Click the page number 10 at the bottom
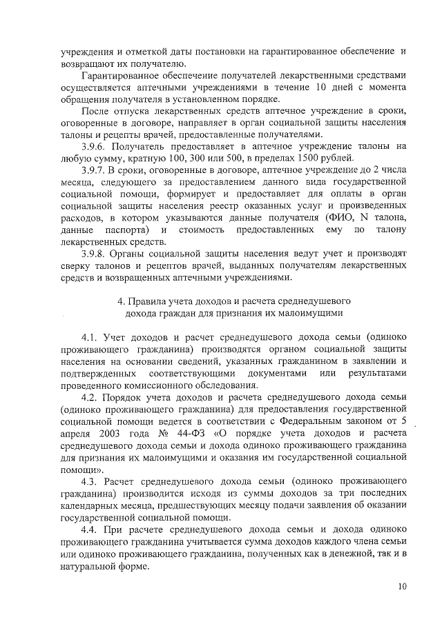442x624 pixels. (402, 587)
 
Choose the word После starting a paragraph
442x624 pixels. (94, 110)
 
